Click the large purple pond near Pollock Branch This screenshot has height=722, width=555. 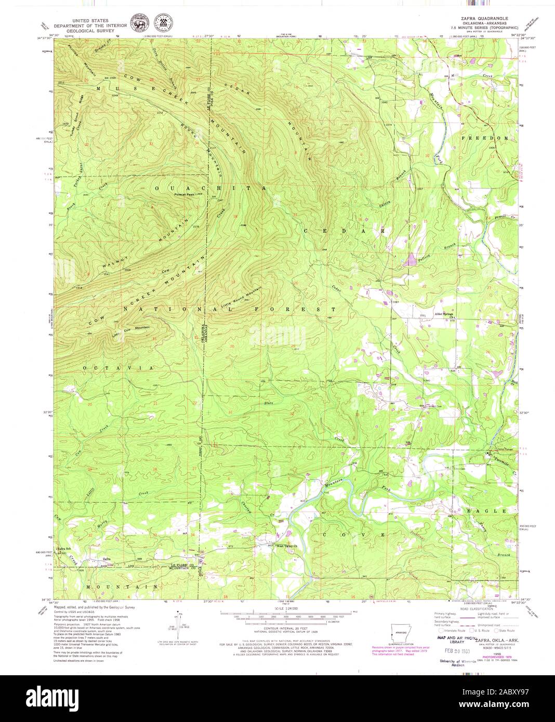click(x=413, y=259)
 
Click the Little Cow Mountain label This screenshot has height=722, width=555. click(x=130, y=329)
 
